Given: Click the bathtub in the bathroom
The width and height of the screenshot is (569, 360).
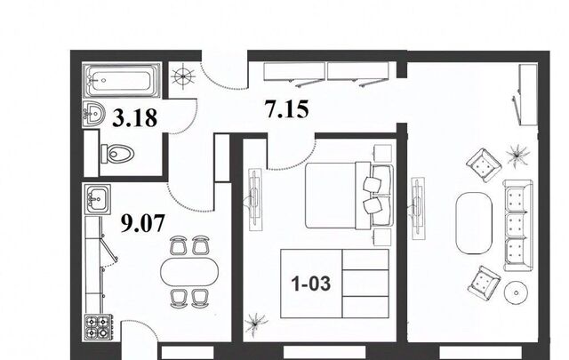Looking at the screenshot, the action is click(122, 80).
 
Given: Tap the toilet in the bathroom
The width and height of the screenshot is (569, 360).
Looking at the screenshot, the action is click(117, 154).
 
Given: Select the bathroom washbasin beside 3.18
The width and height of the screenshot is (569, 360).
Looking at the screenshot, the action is click(93, 115).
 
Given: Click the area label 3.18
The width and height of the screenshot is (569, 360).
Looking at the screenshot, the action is click(134, 117).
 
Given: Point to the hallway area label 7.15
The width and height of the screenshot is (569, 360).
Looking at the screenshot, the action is click(287, 109).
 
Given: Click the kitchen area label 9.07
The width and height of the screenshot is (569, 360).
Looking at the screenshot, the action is click(142, 223).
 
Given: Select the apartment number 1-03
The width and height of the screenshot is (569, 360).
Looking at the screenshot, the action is click(311, 283).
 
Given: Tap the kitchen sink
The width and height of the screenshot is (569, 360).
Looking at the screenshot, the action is click(97, 199).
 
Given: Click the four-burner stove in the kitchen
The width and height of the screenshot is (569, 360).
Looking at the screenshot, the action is click(98, 327).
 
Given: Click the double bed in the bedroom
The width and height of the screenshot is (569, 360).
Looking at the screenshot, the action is click(349, 196).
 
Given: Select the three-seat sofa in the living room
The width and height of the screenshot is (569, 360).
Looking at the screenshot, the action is click(518, 226).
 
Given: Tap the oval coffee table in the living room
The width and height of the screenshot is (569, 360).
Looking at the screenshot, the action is click(474, 223).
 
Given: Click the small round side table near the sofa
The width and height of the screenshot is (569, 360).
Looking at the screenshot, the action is click(517, 292).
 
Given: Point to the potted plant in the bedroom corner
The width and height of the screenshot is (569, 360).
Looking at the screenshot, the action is click(256, 323).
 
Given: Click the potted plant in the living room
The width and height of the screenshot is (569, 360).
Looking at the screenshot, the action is click(517, 155).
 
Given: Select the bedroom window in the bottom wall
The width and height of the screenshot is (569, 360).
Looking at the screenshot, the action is click(324, 352).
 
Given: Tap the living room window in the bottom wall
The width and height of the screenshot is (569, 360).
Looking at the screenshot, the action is click(480, 352).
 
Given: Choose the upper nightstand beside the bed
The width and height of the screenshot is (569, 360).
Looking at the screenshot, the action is click(383, 153).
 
